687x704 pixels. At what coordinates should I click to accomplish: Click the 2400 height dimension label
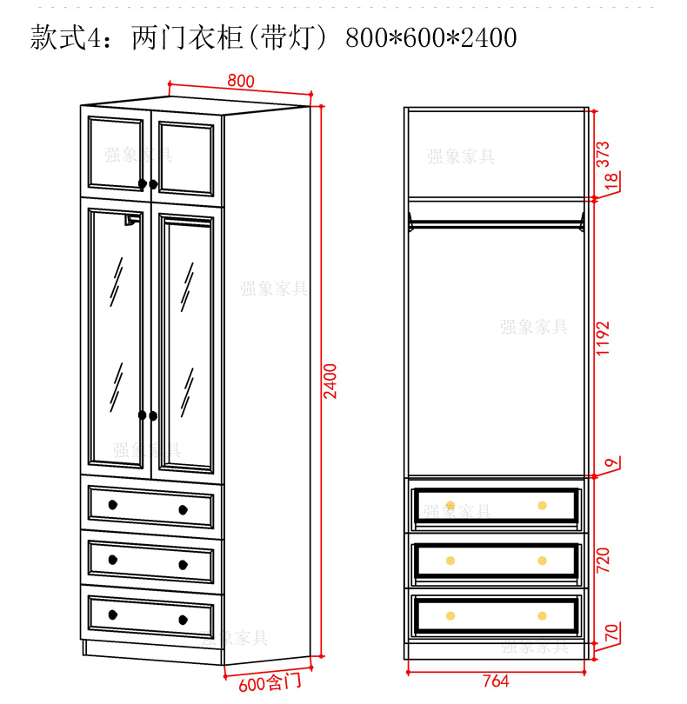(330, 381)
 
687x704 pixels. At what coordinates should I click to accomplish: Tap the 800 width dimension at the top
(241, 81)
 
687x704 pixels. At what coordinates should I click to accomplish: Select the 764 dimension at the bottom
(495, 681)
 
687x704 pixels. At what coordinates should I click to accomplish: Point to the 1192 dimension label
(603, 338)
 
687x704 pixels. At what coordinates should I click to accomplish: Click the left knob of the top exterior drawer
(113, 505)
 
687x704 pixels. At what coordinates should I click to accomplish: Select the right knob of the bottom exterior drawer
(183, 619)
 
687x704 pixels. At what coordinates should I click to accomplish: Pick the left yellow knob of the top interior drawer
(450, 505)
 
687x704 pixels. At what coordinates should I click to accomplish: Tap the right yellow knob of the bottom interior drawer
(542, 615)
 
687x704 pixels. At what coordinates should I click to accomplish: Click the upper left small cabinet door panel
(117, 153)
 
